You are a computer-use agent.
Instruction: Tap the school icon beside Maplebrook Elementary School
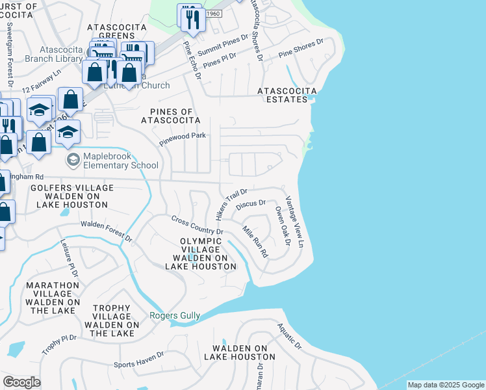click(x=73, y=159)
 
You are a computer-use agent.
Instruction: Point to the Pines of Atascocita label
click(x=171, y=115)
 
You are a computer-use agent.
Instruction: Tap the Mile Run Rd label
click(x=255, y=242)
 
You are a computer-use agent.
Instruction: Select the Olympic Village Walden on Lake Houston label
click(x=200, y=253)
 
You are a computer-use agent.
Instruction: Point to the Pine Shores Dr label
click(x=300, y=49)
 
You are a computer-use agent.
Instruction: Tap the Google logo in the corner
click(x=21, y=382)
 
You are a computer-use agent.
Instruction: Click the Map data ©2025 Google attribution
click(x=446, y=385)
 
